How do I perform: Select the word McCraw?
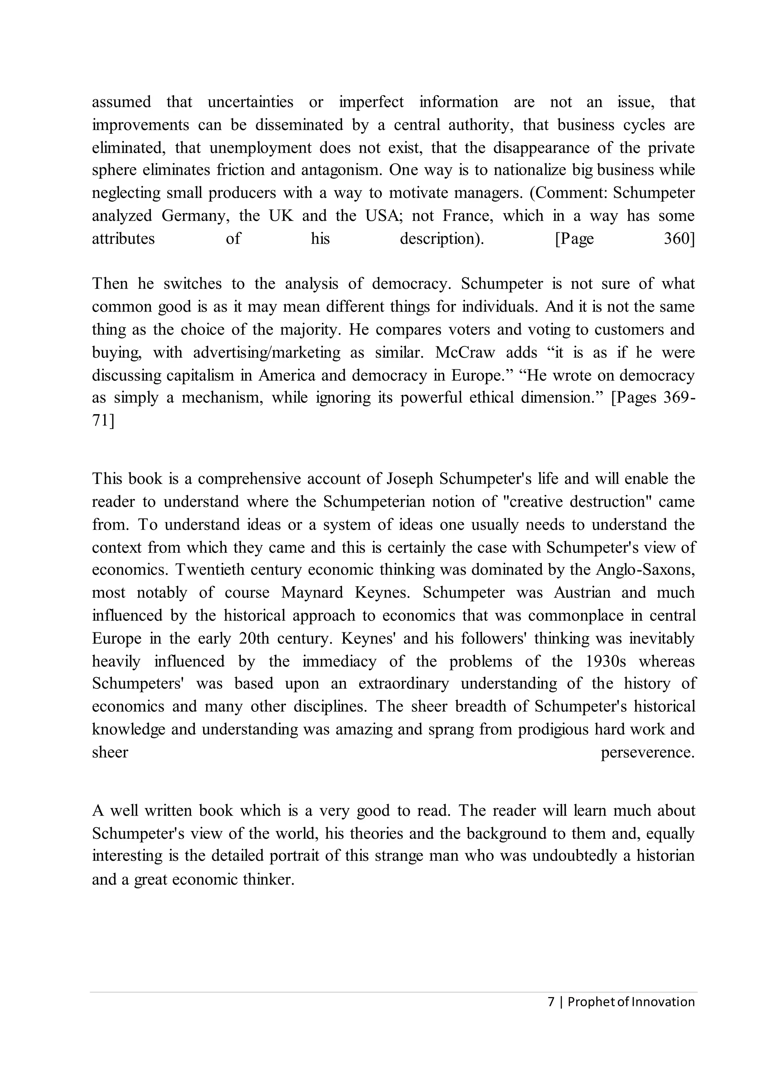[465, 352]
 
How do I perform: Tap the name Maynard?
[312, 592]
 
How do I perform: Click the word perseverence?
[647, 753]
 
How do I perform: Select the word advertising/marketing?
[267, 352]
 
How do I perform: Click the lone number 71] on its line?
[102, 421]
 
